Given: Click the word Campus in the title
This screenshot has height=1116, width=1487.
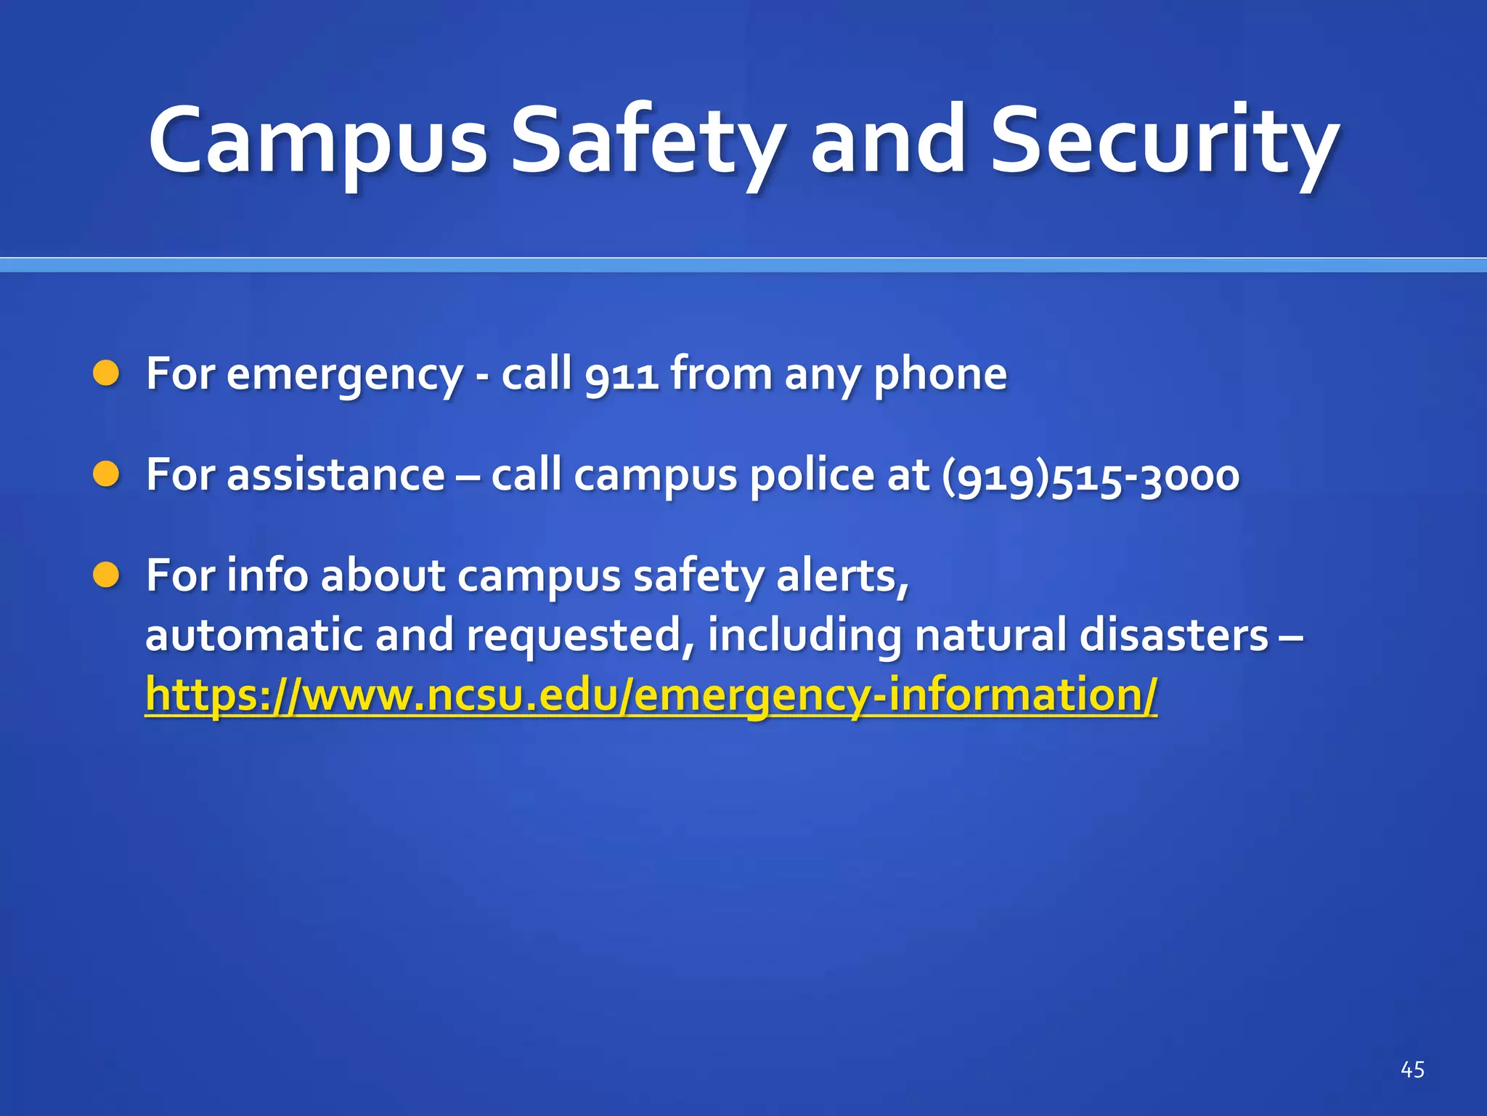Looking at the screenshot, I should (x=318, y=142).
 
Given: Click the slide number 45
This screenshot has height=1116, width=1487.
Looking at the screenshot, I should (x=1411, y=1069).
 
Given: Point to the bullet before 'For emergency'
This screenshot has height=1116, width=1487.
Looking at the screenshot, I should (x=106, y=373).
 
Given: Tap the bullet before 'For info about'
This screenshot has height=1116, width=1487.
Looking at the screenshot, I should (x=106, y=575).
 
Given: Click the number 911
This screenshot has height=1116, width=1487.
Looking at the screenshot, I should (x=622, y=375).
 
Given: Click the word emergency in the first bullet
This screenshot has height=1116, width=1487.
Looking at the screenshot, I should (x=344, y=375).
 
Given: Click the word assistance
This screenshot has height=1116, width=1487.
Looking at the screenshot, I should (x=335, y=476).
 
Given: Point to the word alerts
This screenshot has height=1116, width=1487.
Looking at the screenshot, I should (x=842, y=577).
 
